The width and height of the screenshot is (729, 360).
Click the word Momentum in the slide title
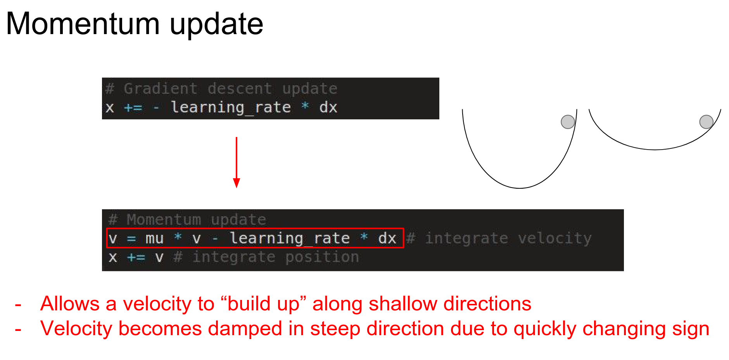point(83,24)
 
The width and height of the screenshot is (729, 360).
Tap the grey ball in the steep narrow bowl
point(568,122)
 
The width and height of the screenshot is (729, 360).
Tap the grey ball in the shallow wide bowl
point(706,122)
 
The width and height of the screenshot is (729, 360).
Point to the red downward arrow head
point(237,183)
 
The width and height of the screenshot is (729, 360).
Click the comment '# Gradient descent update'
point(221,89)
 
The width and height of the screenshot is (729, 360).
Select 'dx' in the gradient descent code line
point(328,107)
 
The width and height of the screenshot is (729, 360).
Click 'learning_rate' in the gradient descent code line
point(231,107)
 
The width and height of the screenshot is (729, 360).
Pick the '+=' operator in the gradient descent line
point(133,108)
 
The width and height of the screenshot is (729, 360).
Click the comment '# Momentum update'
point(187,220)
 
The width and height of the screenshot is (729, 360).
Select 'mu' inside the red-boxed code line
point(154,239)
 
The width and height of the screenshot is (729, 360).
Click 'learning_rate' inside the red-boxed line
point(290,238)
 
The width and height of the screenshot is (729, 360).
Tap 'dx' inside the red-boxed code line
point(387,238)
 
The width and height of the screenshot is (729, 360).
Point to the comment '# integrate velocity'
point(499,238)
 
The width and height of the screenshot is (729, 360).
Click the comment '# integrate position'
point(266,257)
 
